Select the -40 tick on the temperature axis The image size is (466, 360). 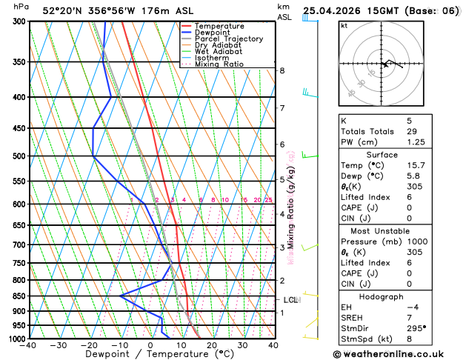point(29,345)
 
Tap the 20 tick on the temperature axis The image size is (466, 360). point(212,345)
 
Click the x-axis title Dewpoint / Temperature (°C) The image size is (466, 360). point(150,355)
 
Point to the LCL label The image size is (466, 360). point(290,300)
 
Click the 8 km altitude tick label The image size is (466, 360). point(282,70)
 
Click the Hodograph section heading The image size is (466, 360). point(381,296)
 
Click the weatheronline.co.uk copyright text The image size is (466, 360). point(399,354)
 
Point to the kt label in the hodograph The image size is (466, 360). point(344,26)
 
